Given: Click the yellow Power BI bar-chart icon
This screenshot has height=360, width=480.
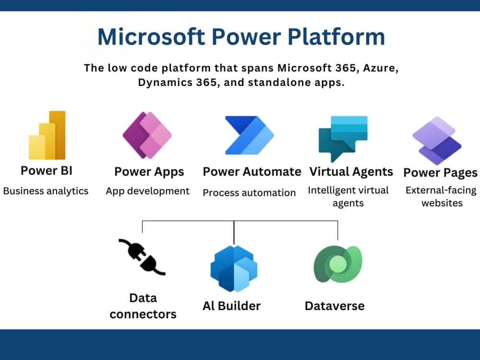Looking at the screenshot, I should coord(47,135).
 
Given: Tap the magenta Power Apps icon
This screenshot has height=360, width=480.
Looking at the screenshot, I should coord(147,135).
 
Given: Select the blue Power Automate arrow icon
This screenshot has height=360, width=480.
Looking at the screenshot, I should coord(249,135).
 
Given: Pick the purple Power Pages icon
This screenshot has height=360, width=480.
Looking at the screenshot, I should coord(437,141).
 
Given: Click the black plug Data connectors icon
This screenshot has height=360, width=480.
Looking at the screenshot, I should coord(142,257).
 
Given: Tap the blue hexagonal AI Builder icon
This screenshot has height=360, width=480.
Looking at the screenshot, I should coord(234,269).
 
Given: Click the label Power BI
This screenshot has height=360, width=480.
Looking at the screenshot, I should coord(47,170).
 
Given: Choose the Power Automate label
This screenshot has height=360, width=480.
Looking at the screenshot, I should coord(252,172).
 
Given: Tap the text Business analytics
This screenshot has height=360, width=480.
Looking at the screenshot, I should coord(46,191).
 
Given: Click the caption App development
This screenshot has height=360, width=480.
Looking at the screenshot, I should coord(148,191).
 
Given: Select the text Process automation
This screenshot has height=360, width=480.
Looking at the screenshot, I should coord(249,193).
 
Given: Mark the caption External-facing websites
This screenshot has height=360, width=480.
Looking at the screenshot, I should coord(441,196).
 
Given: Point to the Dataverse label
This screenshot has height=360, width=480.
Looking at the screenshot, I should coord(335,306).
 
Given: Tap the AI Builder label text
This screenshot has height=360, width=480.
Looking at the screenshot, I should coord(231,306).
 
